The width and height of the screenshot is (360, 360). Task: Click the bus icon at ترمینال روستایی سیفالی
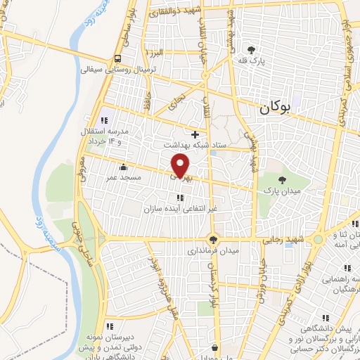click(x=118, y=58)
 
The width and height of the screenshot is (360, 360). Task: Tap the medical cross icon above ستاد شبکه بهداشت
click(x=195, y=134)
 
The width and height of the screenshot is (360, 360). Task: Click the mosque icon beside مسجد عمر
click(x=124, y=167)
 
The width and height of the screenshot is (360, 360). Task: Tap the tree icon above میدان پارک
click(x=283, y=179)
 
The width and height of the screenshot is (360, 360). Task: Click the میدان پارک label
click(x=282, y=190)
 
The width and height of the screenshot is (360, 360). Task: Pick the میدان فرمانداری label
click(x=213, y=250)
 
